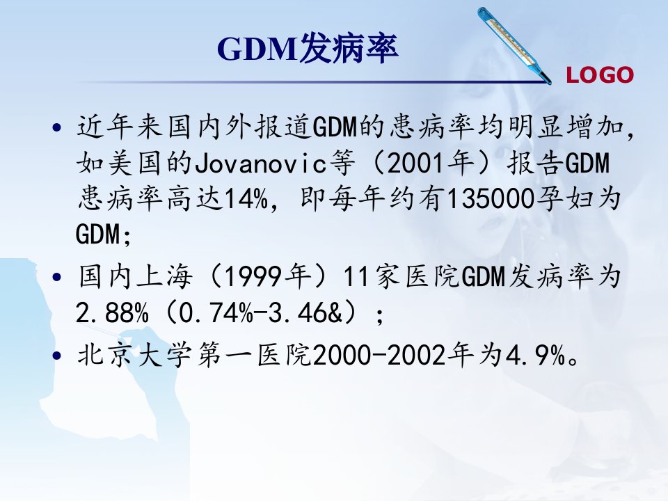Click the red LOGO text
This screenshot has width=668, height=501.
tap(600, 75)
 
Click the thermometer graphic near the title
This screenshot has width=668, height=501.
tap(514, 45)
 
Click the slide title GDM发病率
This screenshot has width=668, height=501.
tap(308, 49)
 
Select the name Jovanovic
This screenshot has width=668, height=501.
tap(261, 164)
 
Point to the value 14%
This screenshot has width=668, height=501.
tap(246, 199)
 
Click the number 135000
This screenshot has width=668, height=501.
tap(490, 199)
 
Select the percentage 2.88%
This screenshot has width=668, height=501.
tap(112, 312)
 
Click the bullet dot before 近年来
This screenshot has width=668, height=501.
tap(56, 127)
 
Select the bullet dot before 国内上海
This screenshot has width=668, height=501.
tap(56, 278)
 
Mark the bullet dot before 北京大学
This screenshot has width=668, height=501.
tap(56, 355)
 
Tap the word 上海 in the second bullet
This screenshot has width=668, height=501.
tap(164, 277)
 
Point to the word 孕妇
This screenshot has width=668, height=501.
tap(563, 199)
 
